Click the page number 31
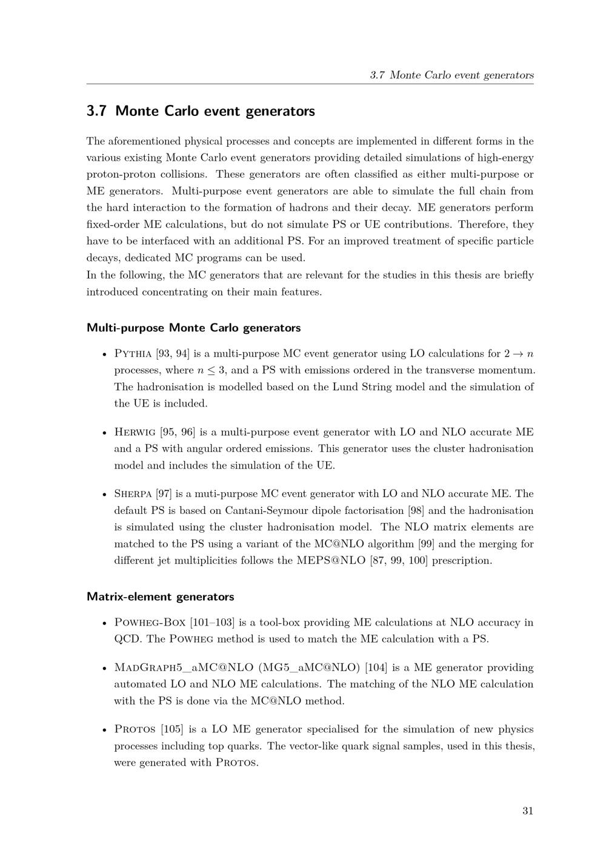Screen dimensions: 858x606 coord(527,811)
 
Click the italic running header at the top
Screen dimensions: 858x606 coord(451,75)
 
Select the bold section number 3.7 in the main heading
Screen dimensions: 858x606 coord(97,111)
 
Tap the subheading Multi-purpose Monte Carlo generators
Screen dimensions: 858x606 coord(193,328)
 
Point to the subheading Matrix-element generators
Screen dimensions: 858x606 coord(160,596)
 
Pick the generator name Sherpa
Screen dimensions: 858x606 coord(133,494)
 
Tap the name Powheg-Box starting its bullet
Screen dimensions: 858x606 coord(150,623)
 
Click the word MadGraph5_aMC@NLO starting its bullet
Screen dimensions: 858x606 coord(184,667)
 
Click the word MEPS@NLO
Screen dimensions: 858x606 coord(331,561)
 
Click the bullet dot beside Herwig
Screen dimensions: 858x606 coord(105,433)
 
